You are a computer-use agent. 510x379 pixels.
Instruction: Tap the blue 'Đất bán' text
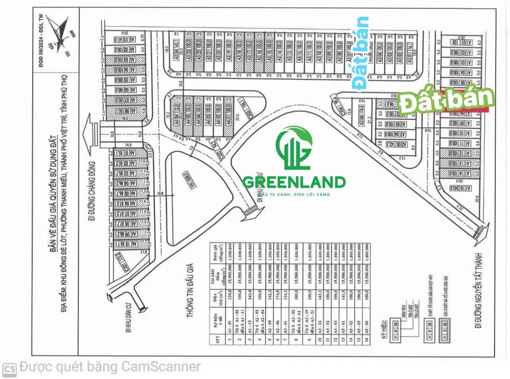(x=361, y=53)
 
